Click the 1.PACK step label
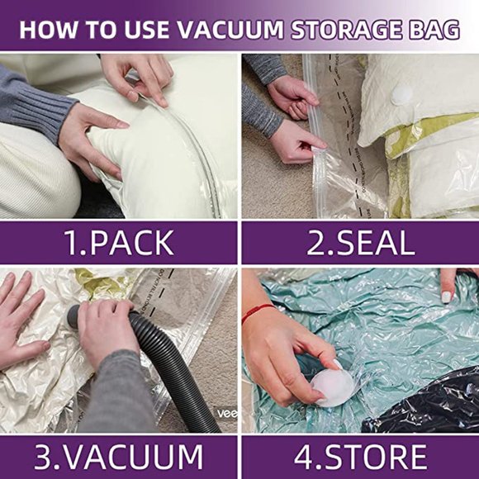pos(119,242)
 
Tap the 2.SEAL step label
pos(359,242)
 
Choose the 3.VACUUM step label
pos(119,457)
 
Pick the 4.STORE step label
pos(359,457)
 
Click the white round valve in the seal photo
pos(401,93)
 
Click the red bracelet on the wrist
pos(258,313)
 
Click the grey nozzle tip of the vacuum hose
pos(75,315)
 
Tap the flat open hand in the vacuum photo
pos(21,318)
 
